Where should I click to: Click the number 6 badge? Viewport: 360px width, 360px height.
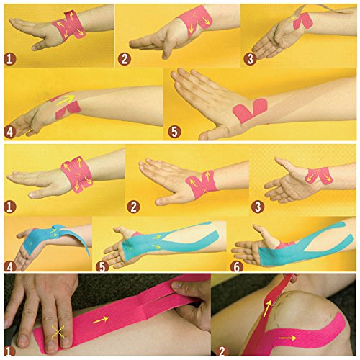tap(237, 266)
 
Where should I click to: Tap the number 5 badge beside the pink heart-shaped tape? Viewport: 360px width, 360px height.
tap(174, 132)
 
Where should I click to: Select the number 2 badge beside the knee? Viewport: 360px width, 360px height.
tap(222, 352)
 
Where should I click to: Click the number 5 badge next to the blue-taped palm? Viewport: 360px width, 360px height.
tap(102, 266)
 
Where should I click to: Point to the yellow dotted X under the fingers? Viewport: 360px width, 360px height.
tap(58, 332)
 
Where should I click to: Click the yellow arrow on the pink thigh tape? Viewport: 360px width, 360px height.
tap(101, 320)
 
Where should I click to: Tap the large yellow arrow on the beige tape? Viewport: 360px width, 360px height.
tap(66, 100)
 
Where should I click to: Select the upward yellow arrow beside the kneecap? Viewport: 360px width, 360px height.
tap(268, 308)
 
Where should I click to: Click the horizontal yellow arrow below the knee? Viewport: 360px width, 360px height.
tap(288, 338)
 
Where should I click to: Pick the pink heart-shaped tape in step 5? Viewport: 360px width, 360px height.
tap(250, 110)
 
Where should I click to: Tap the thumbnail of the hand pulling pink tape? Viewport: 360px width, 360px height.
tap(178, 286)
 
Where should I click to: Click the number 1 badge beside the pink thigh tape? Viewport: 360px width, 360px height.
tap(9, 352)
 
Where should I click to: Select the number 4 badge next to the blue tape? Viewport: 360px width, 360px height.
tap(9, 266)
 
